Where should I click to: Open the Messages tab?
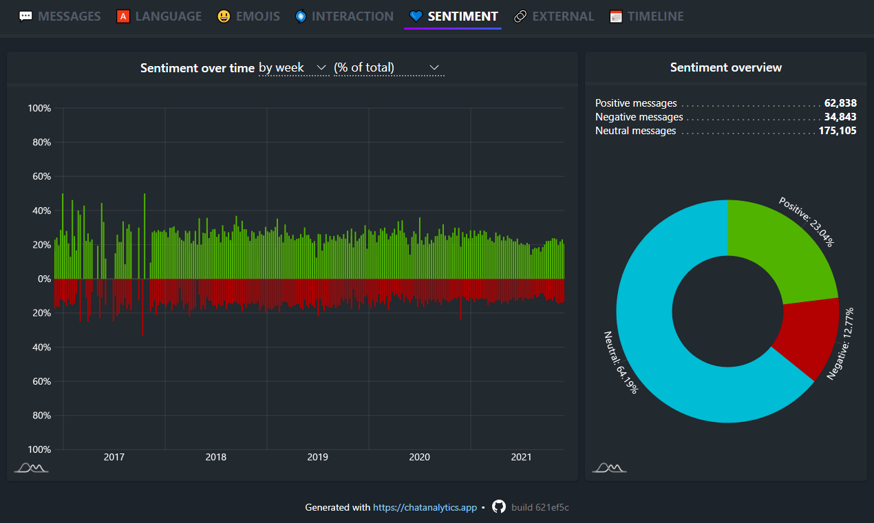point(60,17)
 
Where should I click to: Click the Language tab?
point(159,17)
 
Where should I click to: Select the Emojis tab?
point(248,17)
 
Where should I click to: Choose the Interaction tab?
point(344,17)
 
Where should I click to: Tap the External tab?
point(554,17)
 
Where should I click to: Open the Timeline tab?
point(647,17)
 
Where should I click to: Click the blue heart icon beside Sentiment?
point(415,17)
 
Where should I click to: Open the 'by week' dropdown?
point(292,67)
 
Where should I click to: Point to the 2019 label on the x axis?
point(317,458)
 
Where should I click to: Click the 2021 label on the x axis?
point(521,458)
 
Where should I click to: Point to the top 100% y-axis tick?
point(39,109)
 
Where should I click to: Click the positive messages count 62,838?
point(840,103)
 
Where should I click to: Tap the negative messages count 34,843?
point(840,117)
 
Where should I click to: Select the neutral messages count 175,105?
point(838,131)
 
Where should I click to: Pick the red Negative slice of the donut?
point(805,337)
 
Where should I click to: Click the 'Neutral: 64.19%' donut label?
point(621,362)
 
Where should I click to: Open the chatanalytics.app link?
point(425,508)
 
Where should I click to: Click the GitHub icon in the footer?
point(499,507)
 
